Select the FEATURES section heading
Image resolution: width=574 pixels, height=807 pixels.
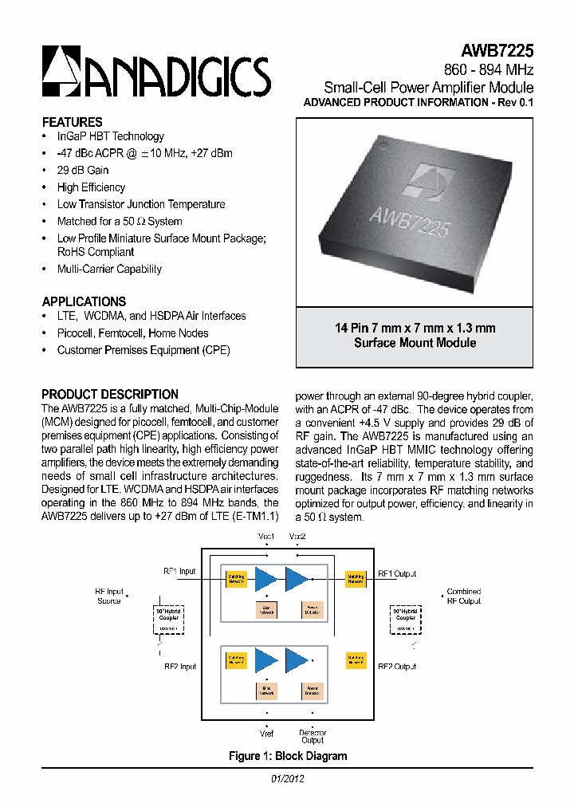(x=72, y=122)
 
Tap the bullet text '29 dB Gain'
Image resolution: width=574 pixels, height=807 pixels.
(x=83, y=170)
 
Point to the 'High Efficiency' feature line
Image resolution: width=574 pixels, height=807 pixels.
(x=91, y=187)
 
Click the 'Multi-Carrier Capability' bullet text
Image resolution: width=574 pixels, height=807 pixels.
(x=109, y=269)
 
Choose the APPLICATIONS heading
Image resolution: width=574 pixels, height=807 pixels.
(x=84, y=301)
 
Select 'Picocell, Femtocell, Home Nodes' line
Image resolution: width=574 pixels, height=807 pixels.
(x=132, y=333)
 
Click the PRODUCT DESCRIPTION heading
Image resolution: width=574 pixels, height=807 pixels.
(x=110, y=394)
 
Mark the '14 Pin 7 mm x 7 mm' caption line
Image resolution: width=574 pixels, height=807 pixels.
(x=415, y=328)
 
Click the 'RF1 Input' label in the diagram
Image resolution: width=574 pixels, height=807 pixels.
(x=179, y=572)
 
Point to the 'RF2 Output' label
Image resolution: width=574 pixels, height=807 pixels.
(x=397, y=667)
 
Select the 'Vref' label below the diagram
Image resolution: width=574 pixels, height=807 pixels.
(x=266, y=732)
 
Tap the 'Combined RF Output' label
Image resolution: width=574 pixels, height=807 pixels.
(x=464, y=596)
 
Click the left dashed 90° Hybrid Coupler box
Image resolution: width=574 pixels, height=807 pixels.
(x=167, y=618)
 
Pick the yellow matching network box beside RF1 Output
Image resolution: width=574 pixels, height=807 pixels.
(x=356, y=579)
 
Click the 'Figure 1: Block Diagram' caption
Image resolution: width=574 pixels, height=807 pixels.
(x=288, y=756)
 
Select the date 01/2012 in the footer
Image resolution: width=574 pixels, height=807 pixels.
(x=288, y=779)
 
